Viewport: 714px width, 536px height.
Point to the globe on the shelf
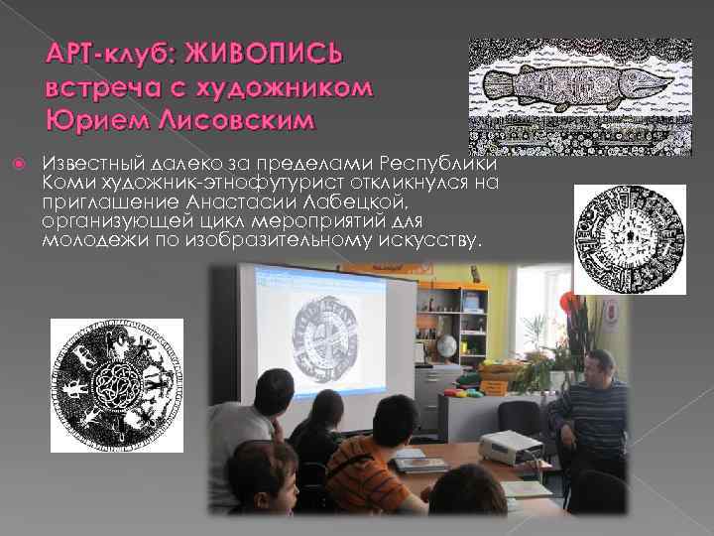pos(446,346)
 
